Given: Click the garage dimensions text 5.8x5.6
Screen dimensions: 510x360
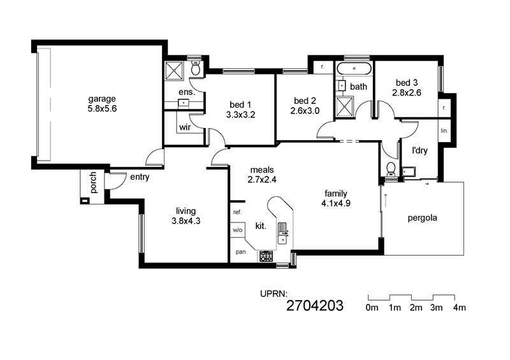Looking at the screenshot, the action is click(102, 108).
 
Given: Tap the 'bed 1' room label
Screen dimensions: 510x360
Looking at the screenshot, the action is click(240, 104).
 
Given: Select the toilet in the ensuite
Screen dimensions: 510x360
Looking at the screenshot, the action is click(196, 68).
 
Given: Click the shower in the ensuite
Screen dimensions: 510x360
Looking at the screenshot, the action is click(175, 70).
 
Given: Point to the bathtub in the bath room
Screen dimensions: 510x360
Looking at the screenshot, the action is click(354, 69).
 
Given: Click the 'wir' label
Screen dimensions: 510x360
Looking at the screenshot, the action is click(185, 127).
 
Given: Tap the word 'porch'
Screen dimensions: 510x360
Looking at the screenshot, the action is click(93, 182).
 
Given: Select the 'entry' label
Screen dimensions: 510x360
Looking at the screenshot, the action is click(140, 177).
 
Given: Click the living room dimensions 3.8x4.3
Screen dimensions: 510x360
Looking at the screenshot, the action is click(186, 221).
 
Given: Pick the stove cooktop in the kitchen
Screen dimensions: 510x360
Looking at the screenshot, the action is click(266, 256).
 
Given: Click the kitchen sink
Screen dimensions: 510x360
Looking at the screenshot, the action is click(282, 233).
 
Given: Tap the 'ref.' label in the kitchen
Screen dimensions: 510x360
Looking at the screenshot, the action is click(237, 212).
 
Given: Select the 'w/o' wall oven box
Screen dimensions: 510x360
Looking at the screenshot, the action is click(238, 229).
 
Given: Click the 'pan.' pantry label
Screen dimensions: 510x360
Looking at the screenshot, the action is click(241, 252).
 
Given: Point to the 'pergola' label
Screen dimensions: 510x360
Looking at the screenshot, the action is click(422, 218).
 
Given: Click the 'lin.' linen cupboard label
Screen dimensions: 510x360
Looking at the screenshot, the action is click(444, 131).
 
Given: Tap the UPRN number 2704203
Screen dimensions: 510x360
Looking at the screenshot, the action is click(315, 306).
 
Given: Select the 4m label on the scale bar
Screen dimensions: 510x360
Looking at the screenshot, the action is click(460, 308).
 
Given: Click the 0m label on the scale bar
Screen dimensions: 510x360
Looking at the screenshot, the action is click(372, 308).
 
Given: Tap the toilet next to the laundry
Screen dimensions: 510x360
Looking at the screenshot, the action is click(390, 169).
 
